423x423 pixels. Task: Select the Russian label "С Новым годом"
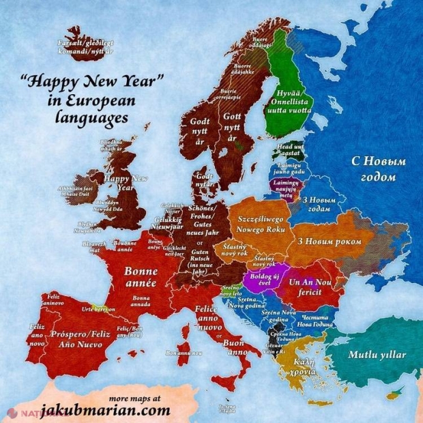pyautogui.click(x=378, y=168)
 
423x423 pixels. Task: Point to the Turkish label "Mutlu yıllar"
pyautogui.click(x=376, y=355)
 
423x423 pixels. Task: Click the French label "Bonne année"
pyautogui.click(x=141, y=276)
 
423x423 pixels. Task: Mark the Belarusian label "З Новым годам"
pyautogui.click(x=316, y=205)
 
